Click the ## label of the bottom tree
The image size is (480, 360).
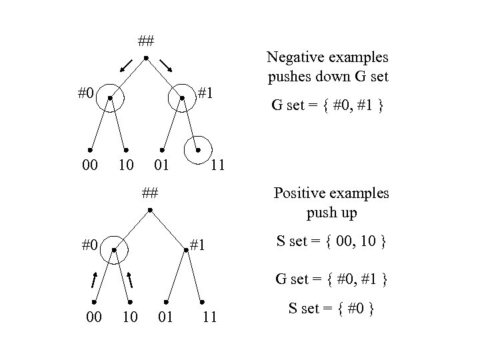(150, 194)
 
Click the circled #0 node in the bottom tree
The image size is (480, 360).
(115, 250)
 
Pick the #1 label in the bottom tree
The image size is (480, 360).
(199, 245)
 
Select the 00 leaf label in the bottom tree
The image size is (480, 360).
(95, 317)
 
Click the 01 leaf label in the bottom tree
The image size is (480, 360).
(165, 317)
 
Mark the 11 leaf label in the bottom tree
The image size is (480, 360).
(209, 317)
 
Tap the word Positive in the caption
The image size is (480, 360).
(302, 194)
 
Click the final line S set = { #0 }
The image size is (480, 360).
(329, 309)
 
